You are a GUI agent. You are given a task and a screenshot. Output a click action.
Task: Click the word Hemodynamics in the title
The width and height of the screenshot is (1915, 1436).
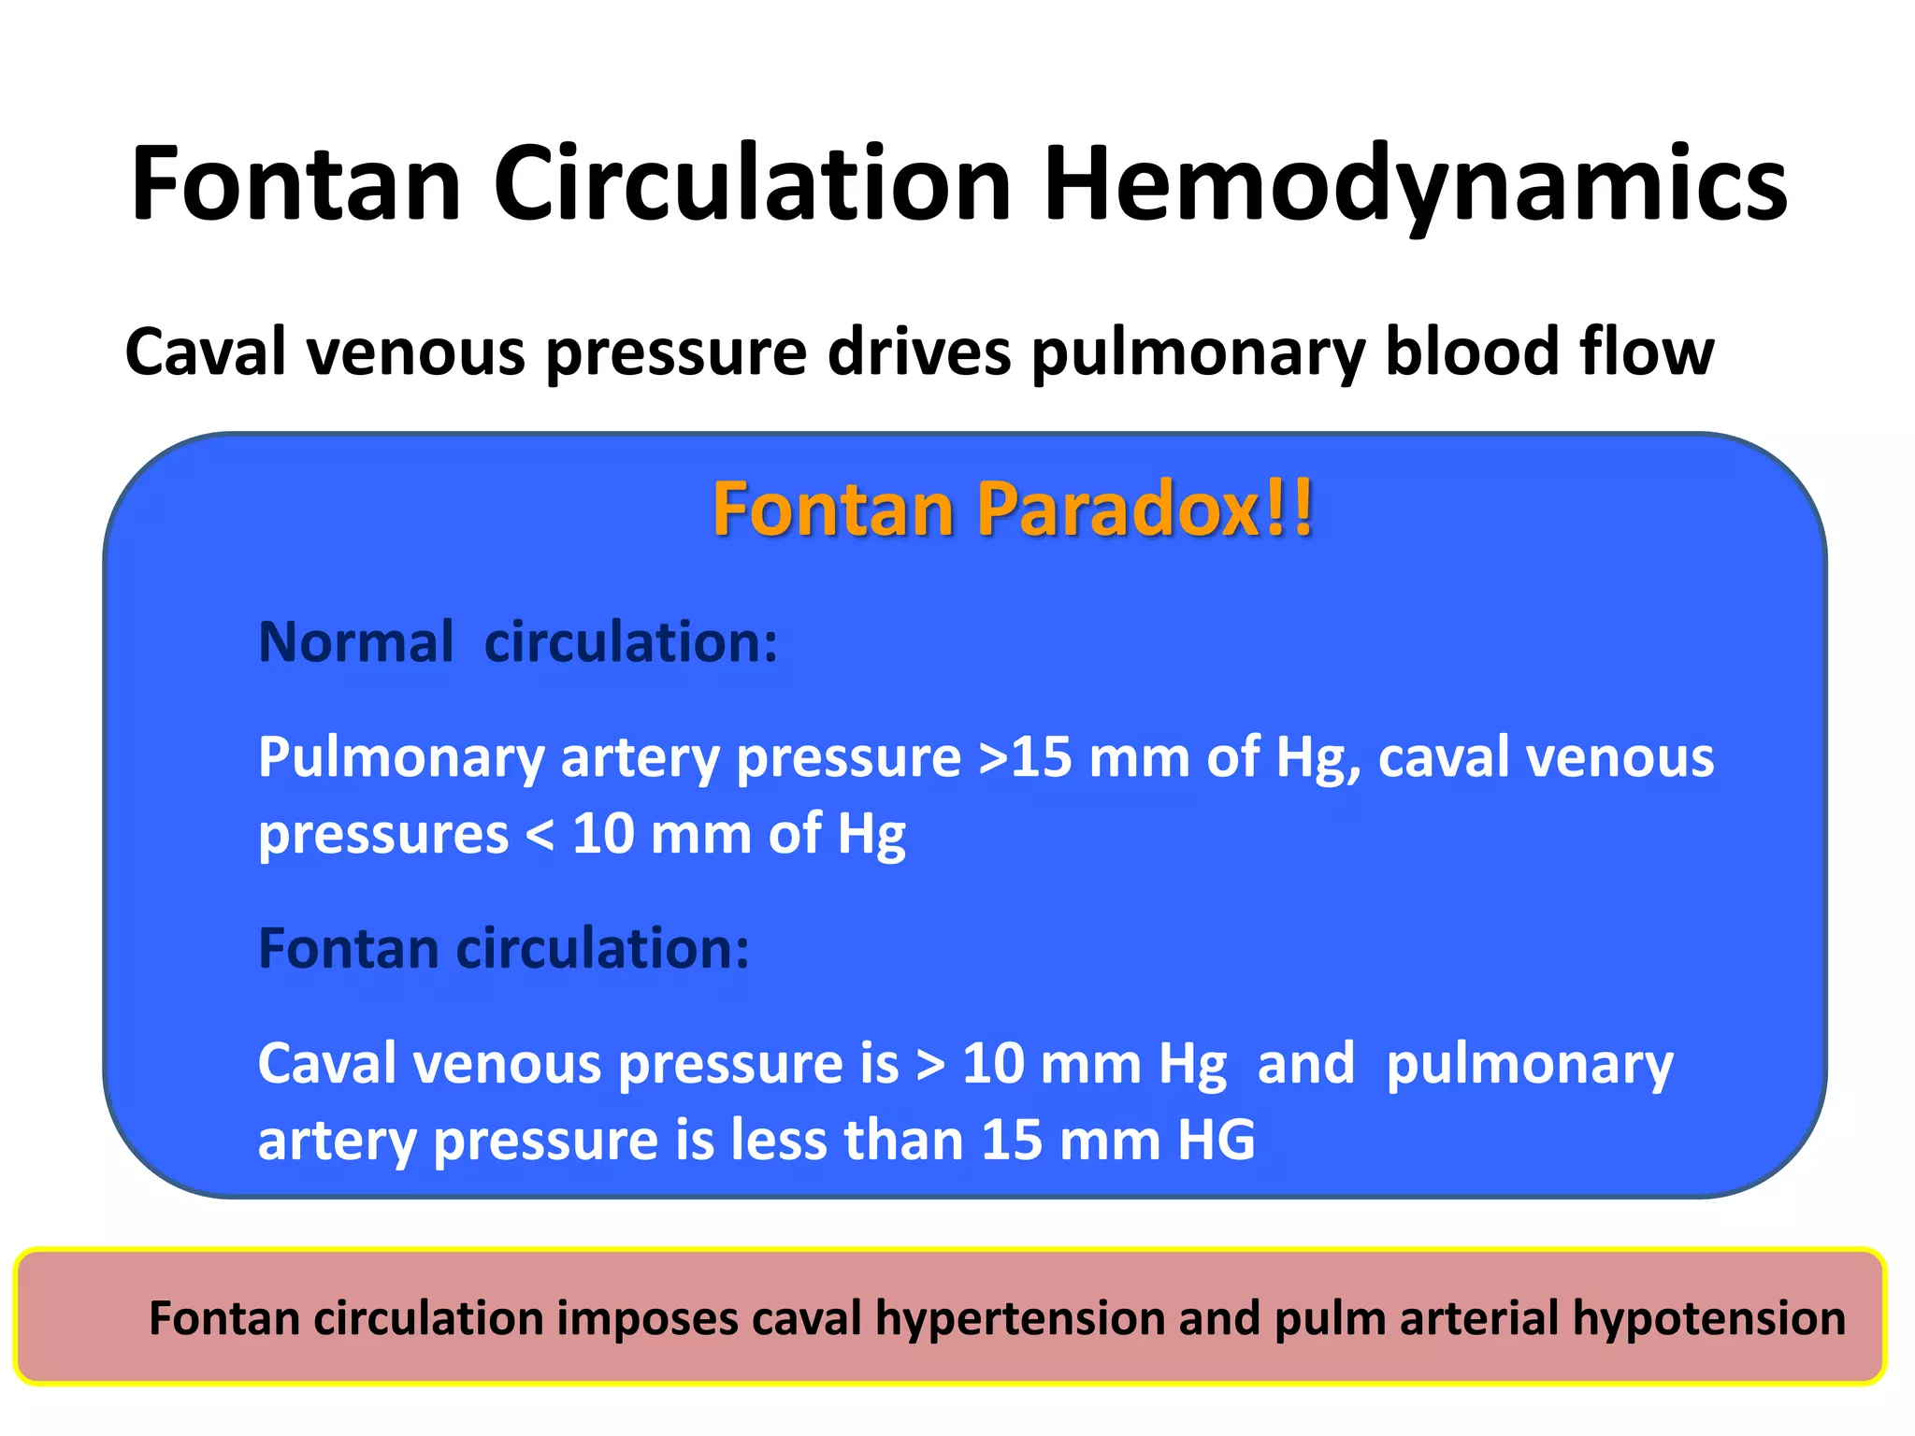tap(1415, 184)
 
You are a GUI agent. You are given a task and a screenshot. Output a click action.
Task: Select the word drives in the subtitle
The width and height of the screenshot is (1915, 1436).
tap(919, 352)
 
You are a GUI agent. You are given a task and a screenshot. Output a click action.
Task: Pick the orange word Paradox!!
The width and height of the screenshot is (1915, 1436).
tap(1146, 510)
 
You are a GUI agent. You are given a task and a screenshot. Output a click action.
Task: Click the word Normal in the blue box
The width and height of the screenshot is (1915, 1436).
tap(355, 642)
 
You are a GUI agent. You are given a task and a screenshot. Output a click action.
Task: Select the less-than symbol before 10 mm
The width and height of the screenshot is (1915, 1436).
tap(540, 835)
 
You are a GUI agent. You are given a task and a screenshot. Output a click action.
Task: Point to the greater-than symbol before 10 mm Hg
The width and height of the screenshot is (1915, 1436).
tap(930, 1065)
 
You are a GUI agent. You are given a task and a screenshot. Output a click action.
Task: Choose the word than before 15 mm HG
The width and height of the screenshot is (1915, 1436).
tap(903, 1141)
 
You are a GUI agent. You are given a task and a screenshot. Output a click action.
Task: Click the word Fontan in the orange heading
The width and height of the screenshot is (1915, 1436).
tap(833, 510)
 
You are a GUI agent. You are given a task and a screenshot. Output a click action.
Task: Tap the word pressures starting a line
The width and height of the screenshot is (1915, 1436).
tap(383, 835)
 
